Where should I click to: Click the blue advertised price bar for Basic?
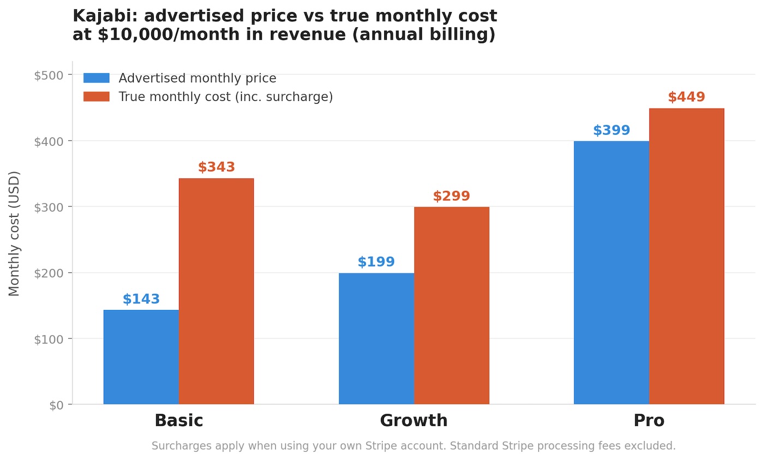(x=141, y=357)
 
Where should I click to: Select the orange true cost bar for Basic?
(x=216, y=291)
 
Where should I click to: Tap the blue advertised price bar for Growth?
(x=376, y=338)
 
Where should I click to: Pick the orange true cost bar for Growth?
(x=451, y=306)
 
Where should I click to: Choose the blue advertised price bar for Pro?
(x=611, y=273)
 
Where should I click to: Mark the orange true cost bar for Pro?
(x=687, y=256)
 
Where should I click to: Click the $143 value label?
(x=141, y=300)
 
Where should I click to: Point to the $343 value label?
(x=216, y=168)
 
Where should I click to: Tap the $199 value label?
(x=376, y=262)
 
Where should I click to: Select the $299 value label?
(x=451, y=196)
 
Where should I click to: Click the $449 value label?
(x=687, y=98)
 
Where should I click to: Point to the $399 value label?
(x=611, y=131)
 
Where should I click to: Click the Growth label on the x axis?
(x=414, y=421)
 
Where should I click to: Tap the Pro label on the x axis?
(x=649, y=421)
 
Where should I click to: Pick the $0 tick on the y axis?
(x=56, y=405)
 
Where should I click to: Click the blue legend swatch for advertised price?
(x=96, y=79)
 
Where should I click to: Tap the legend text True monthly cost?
(x=225, y=97)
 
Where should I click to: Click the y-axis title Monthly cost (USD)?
(x=14, y=234)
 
